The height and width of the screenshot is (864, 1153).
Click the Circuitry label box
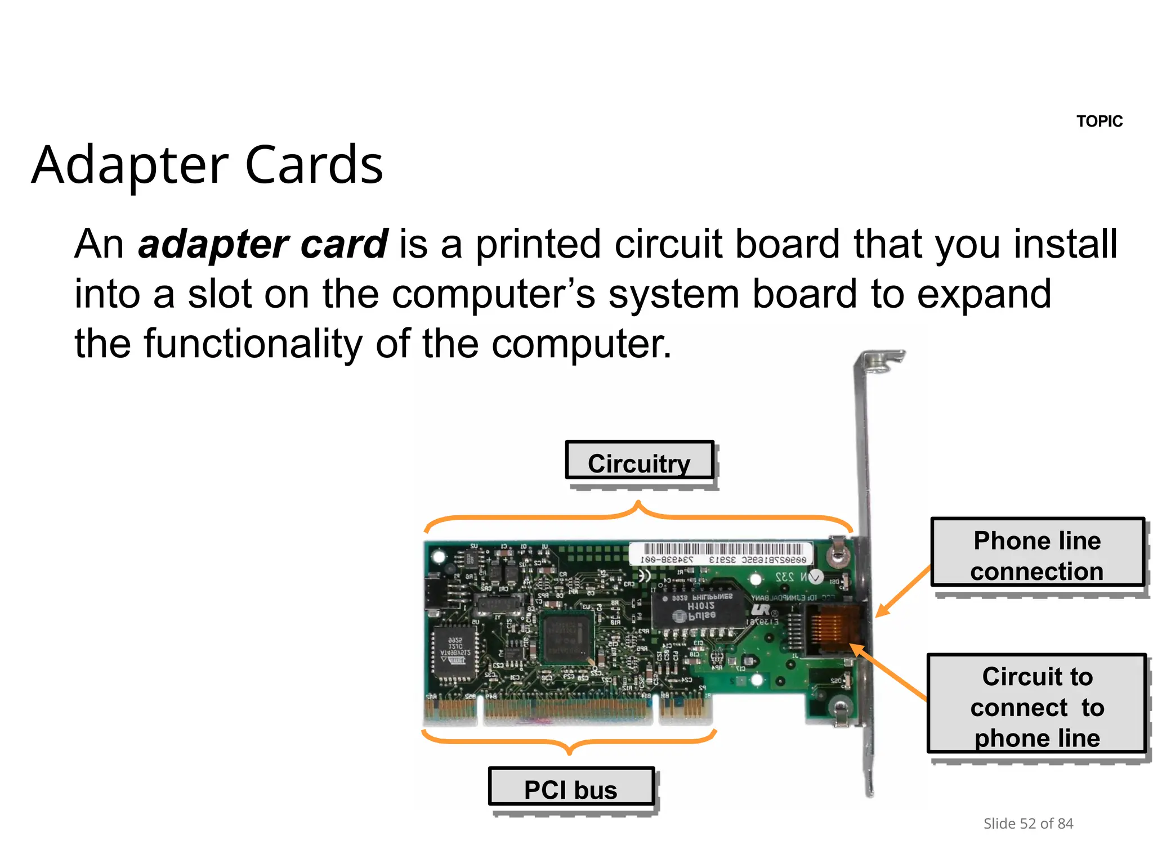[639, 461]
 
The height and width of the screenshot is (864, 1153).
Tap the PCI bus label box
[571, 787]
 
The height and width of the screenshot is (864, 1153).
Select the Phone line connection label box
[1037, 553]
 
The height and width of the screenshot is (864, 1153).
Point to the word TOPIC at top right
[1099, 121]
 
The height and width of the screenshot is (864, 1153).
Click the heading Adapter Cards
[207, 165]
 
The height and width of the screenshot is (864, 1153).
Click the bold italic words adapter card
[263, 244]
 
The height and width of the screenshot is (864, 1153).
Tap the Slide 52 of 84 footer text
[1028, 823]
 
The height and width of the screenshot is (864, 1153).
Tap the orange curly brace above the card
[638, 514]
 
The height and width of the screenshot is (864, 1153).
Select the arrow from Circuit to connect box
[888, 672]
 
